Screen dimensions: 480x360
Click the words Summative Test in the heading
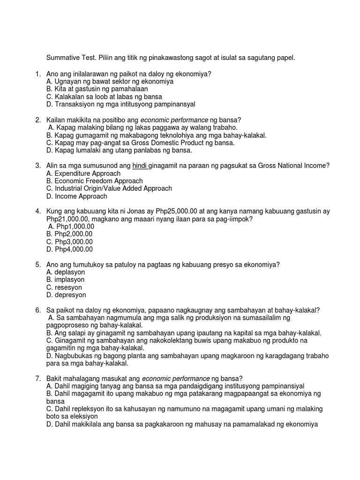[68, 58]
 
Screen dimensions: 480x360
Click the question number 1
[37, 74]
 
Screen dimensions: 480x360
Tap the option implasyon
[66, 280]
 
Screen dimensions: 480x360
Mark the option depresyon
[66, 295]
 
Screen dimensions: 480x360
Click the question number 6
[37, 310]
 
